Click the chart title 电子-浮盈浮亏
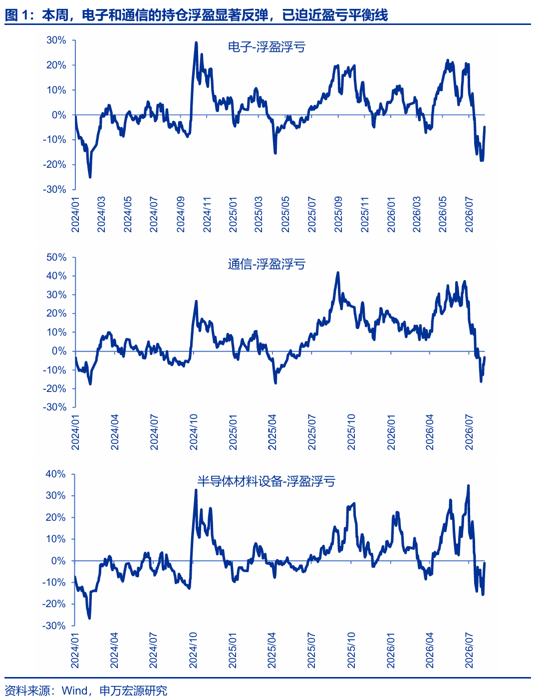pyautogui.click(x=267, y=47)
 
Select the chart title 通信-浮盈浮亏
pyautogui.click(x=267, y=264)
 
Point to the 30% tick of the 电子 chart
pyautogui.click(x=56, y=40)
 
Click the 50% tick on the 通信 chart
pyautogui.click(x=56, y=257)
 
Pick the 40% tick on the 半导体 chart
pyautogui.click(x=55, y=474)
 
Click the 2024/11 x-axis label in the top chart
pyautogui.click(x=207, y=215)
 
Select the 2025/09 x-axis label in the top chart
pyautogui.click(x=338, y=215)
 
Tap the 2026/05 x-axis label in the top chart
pyautogui.click(x=443, y=215)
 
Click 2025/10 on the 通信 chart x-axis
pyautogui.click(x=351, y=432)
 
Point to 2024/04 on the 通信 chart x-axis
pyautogui.click(x=114, y=432)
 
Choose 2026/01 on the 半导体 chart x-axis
pyautogui.click(x=391, y=650)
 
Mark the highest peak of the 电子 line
pyautogui.click(x=196, y=42)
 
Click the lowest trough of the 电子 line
pyautogui.click(x=90, y=177)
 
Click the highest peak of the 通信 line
pyautogui.click(x=338, y=273)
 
